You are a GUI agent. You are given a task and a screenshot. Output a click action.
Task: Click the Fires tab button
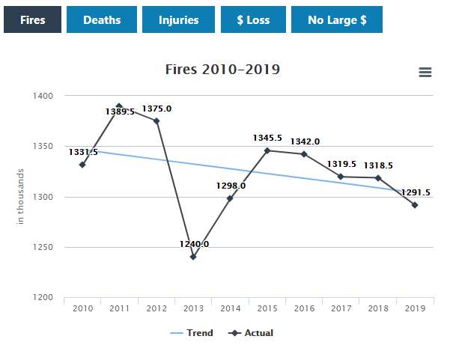[x=32, y=20]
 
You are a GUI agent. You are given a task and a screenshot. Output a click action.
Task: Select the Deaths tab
[x=102, y=20]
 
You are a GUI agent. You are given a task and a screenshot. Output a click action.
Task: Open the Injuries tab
[x=179, y=20]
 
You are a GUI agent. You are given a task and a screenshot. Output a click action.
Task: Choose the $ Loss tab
[x=253, y=20]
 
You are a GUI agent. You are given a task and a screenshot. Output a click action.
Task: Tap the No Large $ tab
[x=337, y=20]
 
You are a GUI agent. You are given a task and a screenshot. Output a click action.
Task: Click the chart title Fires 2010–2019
[x=222, y=70]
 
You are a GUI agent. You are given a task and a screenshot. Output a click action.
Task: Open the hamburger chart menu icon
[x=425, y=72]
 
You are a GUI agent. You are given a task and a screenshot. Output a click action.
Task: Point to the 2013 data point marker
[x=193, y=257]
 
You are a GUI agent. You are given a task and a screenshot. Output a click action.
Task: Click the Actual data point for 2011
[x=119, y=106]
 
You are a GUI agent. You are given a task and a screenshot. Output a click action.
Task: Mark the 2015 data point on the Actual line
[x=267, y=150]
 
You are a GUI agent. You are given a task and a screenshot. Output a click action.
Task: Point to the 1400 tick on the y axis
[x=42, y=96]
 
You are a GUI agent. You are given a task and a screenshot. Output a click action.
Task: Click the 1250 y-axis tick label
[x=42, y=248]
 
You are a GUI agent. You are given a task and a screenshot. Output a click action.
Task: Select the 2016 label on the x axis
[x=304, y=308]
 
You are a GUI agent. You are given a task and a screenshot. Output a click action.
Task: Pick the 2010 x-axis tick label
[x=82, y=308]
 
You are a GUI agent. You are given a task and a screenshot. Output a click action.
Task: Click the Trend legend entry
[x=191, y=333]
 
